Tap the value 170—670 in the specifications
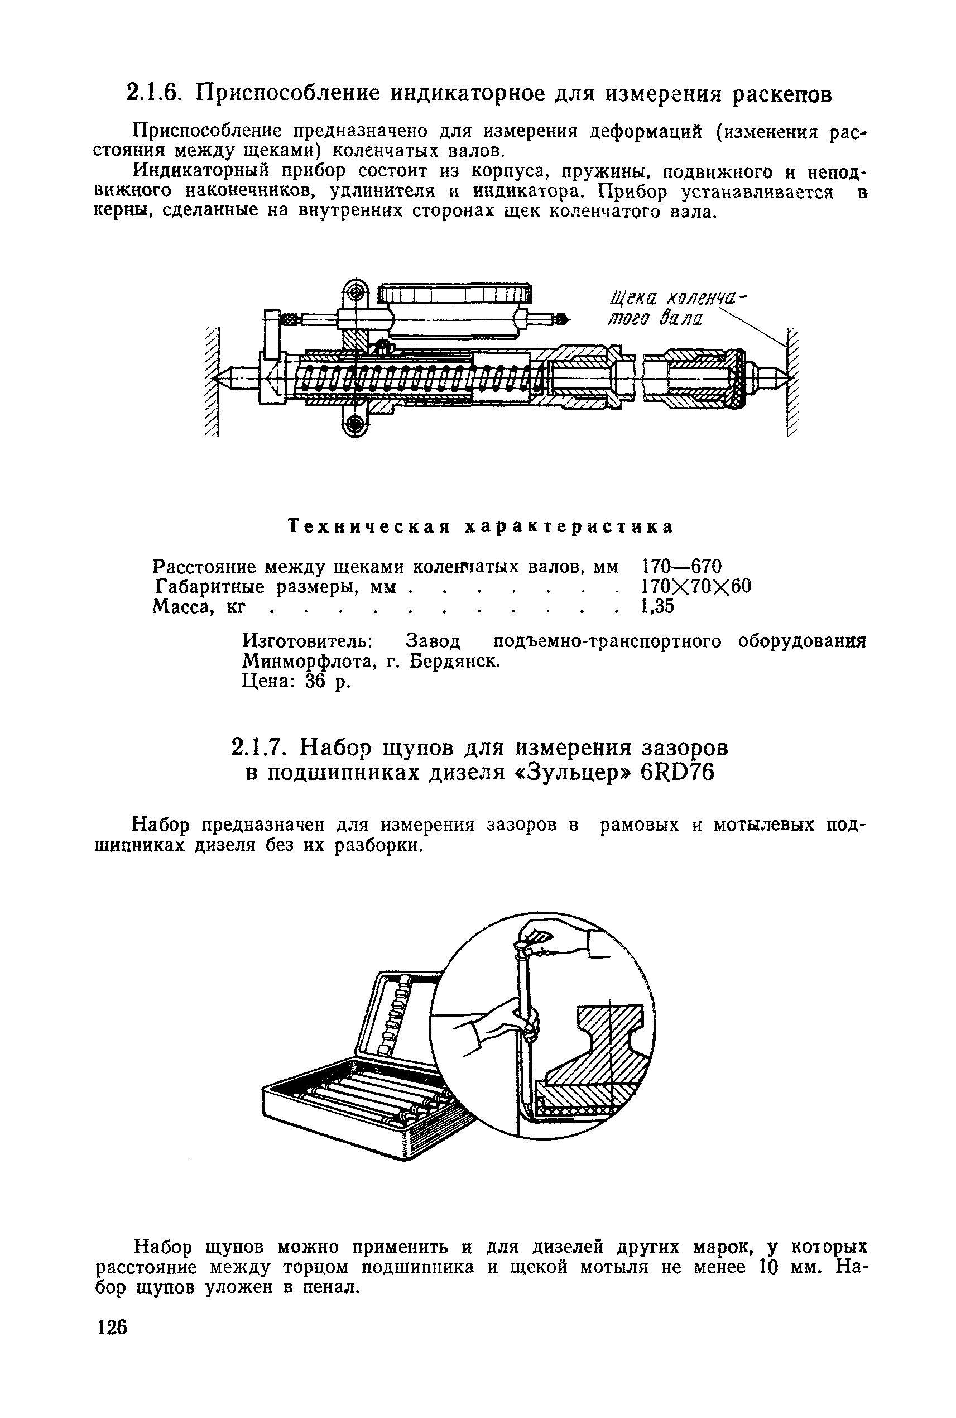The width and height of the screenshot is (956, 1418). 681,566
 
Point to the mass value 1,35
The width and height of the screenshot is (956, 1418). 657,607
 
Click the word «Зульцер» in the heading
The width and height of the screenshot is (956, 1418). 569,773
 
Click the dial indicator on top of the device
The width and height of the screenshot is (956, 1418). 454,312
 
